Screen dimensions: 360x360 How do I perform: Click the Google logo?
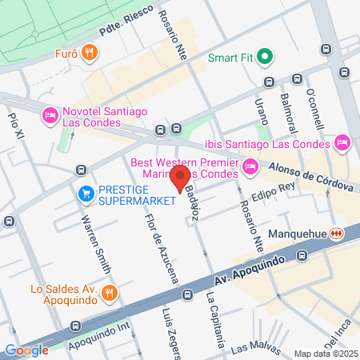(26, 350)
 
